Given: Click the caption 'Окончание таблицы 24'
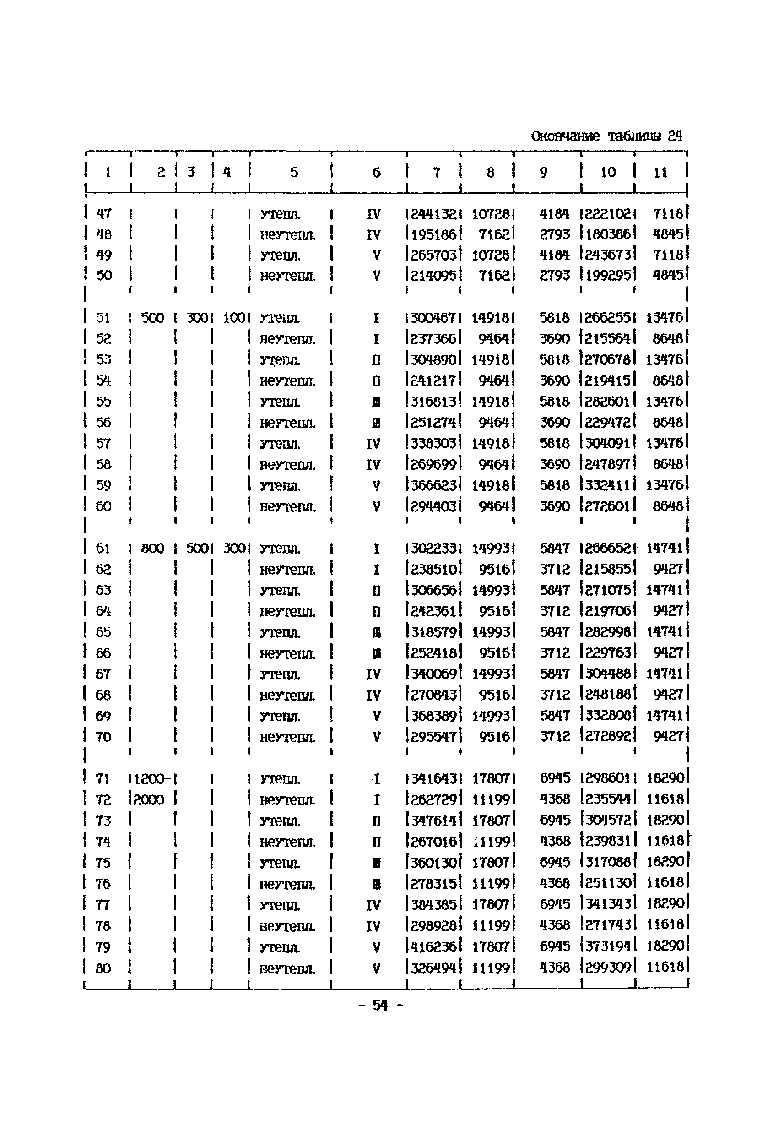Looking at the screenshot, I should point(607,136).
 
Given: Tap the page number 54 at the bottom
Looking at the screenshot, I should point(380,1006).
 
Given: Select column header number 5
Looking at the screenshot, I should point(294,173).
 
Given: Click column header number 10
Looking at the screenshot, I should point(608,173).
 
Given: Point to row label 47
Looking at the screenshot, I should point(103,214).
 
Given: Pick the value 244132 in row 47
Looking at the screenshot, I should point(434,214).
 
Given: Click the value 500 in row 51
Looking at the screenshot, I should point(152,318).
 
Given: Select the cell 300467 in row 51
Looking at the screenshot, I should point(434,318).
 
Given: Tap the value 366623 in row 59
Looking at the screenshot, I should point(434,485).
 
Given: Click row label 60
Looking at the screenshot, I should point(103,506).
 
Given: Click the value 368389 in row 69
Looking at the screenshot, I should point(434,715).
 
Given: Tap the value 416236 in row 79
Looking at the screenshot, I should point(434,946).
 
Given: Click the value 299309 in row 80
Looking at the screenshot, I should point(608,968).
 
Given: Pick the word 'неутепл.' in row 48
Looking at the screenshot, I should point(287,235).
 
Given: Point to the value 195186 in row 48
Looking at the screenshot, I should point(434,235).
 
